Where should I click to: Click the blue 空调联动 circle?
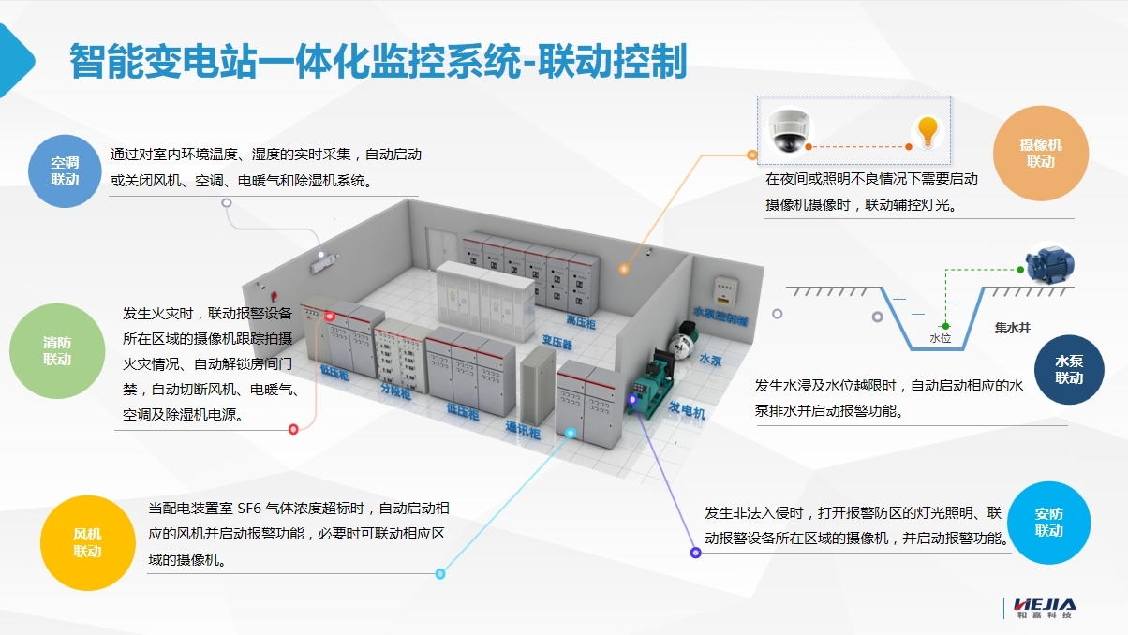coord(65,170)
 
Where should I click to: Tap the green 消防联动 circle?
coord(56,351)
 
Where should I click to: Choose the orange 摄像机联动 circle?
coord(1041,154)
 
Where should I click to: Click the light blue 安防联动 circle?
coord(1049,523)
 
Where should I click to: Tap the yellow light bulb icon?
coord(928,130)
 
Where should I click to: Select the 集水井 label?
coord(1013,329)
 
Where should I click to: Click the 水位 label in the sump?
coord(940,338)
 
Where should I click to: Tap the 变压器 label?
coord(557,344)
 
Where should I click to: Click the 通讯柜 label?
coord(523,431)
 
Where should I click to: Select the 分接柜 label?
coord(394,392)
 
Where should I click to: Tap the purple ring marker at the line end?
coord(695,554)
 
